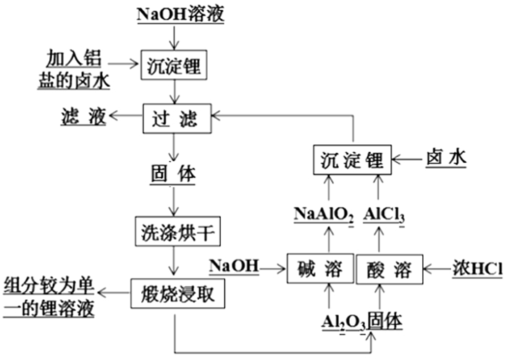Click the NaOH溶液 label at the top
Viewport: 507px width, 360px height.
point(174,14)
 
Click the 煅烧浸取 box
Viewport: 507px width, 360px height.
point(174,293)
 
